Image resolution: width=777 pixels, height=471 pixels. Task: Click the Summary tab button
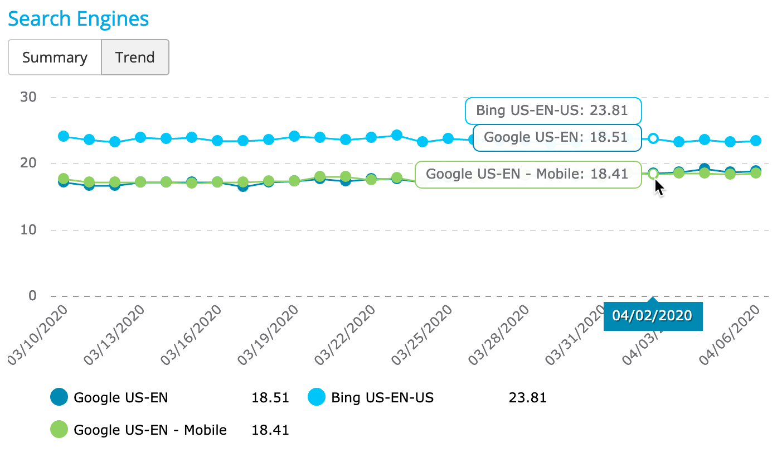coord(55,57)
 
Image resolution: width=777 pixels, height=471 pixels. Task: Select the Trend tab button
coord(135,57)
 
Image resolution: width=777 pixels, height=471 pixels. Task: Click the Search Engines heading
coord(79,19)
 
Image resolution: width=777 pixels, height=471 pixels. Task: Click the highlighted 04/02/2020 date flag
coord(652,315)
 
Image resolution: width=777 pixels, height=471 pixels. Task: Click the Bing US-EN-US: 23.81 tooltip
coord(552,110)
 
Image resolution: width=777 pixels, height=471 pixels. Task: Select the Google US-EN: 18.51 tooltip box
coord(556,137)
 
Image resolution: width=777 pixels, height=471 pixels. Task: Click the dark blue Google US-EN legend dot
coord(59,397)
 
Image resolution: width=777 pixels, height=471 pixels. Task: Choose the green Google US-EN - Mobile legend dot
coord(59,430)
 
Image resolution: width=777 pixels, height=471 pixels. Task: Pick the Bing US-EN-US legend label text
coord(382,398)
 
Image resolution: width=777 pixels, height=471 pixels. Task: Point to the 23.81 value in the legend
coord(527,398)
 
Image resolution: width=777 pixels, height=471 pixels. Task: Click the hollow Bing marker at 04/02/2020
coord(653,138)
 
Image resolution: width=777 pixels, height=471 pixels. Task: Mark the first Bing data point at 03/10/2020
coord(64,136)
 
